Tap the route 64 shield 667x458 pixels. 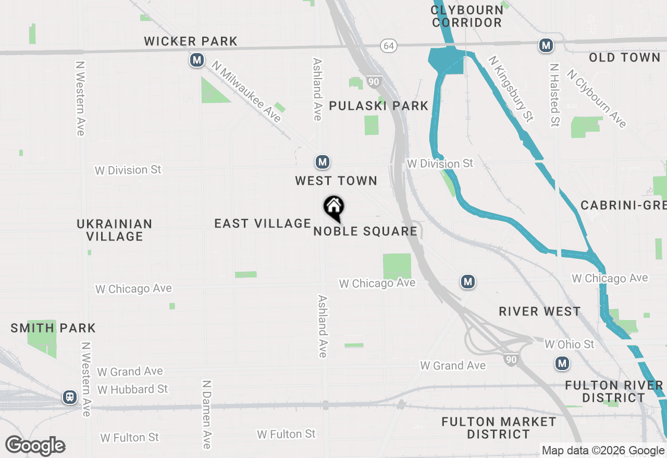tap(388, 46)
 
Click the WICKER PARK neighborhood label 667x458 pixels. tap(191, 41)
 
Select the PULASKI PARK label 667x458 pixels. tap(378, 106)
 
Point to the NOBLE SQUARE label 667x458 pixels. tap(365, 231)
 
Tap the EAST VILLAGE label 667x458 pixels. tap(263, 223)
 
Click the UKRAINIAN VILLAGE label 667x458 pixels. tap(115, 230)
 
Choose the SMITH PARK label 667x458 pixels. tap(53, 328)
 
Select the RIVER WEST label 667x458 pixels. tap(539, 311)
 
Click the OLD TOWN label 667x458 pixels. tap(624, 57)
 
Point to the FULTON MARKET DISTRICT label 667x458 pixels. tap(499, 427)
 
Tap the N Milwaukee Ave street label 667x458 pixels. tap(246, 91)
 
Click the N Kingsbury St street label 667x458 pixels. tap(511, 88)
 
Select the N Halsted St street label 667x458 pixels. tap(554, 95)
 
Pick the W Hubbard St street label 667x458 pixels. tap(132, 389)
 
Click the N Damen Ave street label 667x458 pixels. tap(206, 414)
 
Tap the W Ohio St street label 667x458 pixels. tap(569, 344)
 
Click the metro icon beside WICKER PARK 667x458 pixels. tap(196, 61)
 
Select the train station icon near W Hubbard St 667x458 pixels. tap(69, 398)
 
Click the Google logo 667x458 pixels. tap(35, 446)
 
